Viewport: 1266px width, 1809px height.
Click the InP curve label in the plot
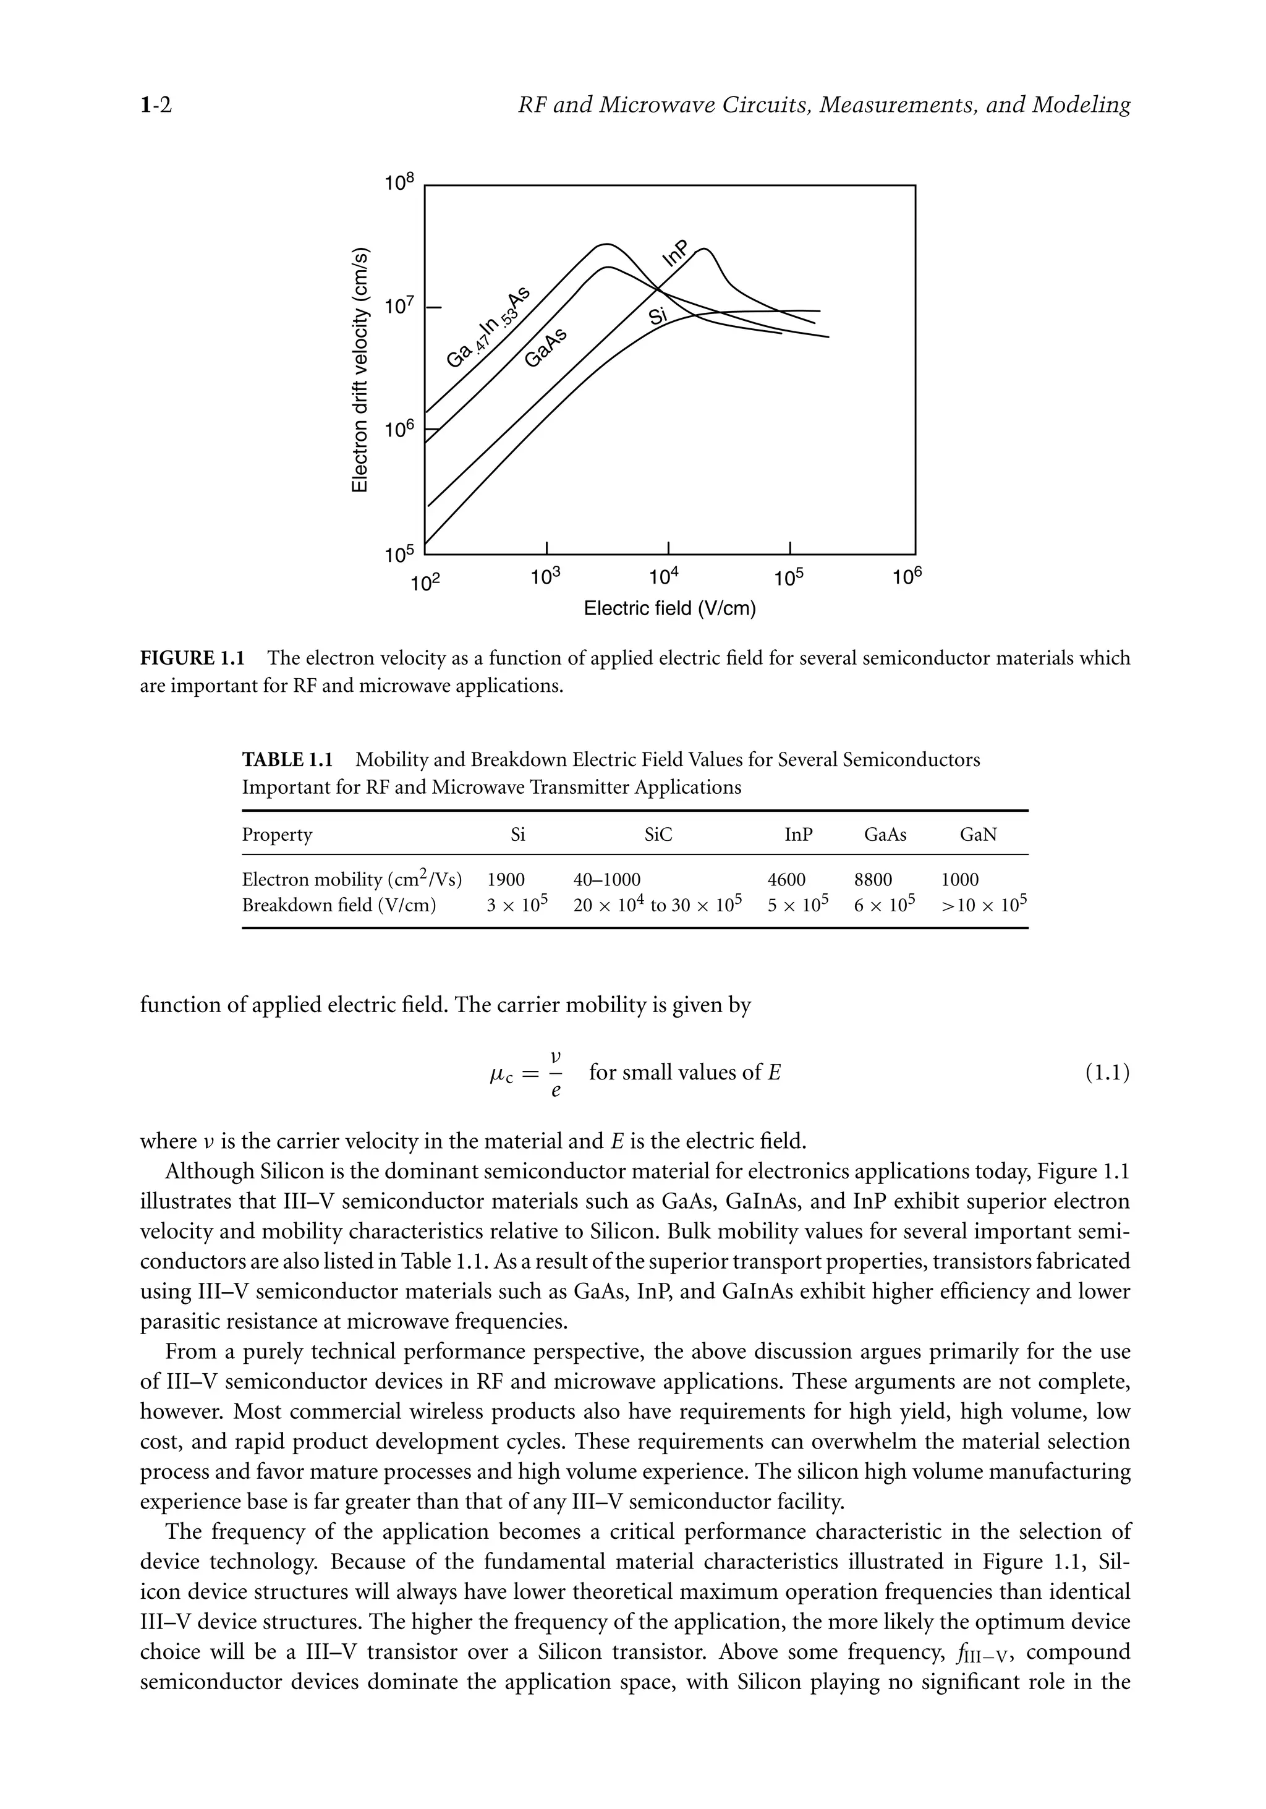[x=674, y=253]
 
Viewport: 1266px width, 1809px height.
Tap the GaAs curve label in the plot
[x=546, y=347]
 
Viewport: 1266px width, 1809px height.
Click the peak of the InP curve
[x=704, y=249]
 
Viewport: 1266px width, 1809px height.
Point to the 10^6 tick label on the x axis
[x=907, y=577]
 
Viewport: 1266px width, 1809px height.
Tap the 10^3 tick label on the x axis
[x=545, y=577]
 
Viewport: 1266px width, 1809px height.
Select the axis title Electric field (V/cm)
[x=669, y=608]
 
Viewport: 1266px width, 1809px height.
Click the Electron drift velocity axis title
[x=359, y=370]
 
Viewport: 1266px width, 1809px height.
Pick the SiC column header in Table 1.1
[x=658, y=835]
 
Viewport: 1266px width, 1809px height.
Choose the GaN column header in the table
[x=978, y=835]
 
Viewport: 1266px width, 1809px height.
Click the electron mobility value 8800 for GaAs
[x=873, y=879]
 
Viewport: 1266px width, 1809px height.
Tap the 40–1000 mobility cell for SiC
[x=606, y=879]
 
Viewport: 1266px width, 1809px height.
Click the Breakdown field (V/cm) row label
[x=339, y=904]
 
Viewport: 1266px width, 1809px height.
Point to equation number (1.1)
[x=1107, y=1072]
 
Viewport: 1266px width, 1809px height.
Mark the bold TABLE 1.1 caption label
[x=287, y=760]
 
